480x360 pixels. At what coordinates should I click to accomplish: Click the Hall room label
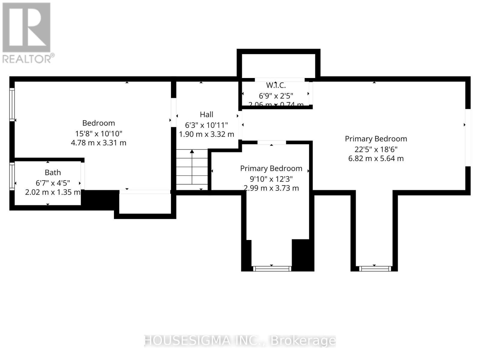tap(206, 115)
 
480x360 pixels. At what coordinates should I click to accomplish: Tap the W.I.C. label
tap(276, 85)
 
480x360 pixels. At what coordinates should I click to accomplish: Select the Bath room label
tap(53, 172)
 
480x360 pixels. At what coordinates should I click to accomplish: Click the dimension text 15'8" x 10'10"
tap(99, 133)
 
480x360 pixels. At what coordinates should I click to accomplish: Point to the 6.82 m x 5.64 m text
tap(376, 158)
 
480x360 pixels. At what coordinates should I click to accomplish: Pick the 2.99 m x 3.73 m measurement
tap(271, 188)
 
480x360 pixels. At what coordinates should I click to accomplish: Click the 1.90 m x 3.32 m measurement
tap(206, 134)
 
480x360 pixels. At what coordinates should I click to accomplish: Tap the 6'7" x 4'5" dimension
tap(53, 183)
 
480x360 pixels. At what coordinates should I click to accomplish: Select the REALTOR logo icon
tap(26, 28)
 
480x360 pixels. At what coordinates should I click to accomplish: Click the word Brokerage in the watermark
tap(303, 340)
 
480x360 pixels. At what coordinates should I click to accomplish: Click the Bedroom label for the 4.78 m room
tap(99, 123)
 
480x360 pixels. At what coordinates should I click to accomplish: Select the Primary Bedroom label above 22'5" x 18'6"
tap(376, 139)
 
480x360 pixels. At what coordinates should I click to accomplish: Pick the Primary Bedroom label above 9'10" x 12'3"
tap(271, 168)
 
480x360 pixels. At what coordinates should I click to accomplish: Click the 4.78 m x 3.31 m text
tap(99, 143)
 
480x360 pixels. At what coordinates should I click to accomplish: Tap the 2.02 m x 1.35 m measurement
tap(53, 192)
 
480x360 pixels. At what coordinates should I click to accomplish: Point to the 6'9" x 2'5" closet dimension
tap(276, 96)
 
